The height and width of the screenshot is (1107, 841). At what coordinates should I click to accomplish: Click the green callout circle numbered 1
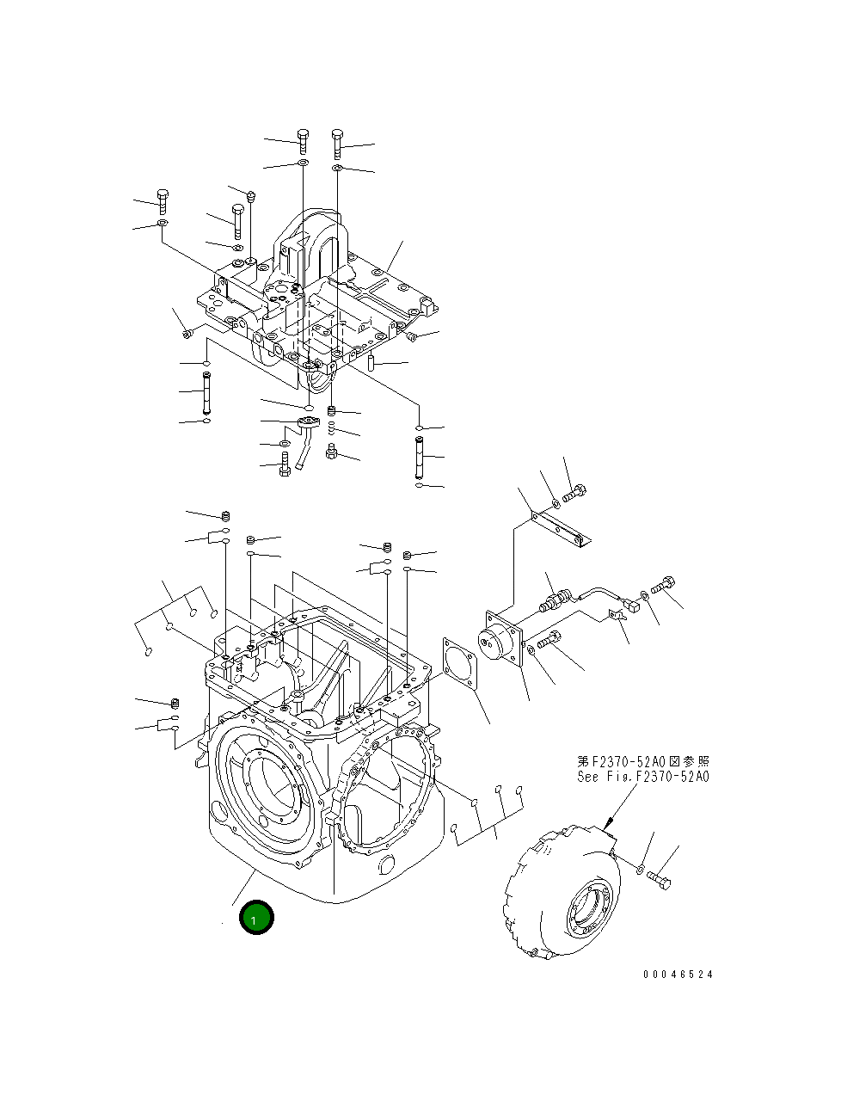[x=255, y=918]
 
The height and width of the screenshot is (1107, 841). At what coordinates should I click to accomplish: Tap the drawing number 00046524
[x=678, y=975]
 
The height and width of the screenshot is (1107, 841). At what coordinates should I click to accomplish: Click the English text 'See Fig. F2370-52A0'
[x=643, y=777]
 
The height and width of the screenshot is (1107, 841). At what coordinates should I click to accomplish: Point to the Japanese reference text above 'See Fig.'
[x=643, y=762]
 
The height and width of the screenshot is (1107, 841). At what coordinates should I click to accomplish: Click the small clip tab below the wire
[x=616, y=615]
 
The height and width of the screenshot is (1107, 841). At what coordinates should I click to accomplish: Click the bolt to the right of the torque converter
[x=660, y=880]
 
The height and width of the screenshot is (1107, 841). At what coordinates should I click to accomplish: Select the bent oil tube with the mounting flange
[x=305, y=439]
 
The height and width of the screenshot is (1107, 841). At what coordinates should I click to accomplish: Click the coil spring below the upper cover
[x=333, y=430]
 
